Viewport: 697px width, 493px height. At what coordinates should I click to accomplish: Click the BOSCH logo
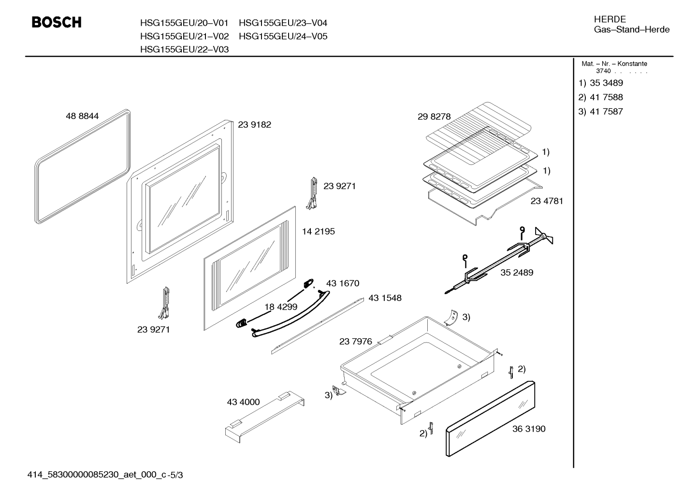coord(57,22)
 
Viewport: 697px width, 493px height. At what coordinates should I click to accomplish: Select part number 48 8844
coord(82,116)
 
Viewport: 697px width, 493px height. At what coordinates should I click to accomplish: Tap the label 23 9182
coord(255,124)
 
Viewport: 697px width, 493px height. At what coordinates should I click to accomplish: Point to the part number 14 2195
coord(319,231)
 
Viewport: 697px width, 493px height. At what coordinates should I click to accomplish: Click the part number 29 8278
coord(434,117)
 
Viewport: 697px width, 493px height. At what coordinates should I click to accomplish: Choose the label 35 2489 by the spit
coord(517,272)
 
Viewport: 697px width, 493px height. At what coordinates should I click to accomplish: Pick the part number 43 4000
coord(243,402)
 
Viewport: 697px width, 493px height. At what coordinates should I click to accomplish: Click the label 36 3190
coord(529,429)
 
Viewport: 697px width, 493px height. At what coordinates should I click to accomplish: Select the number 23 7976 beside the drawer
coord(356,342)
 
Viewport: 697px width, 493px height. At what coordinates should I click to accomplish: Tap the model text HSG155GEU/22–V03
coord(185,49)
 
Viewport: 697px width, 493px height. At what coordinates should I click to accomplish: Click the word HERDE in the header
coord(610,19)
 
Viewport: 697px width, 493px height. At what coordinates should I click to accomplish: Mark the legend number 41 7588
coord(607,97)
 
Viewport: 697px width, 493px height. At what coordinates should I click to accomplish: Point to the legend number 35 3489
coord(607,83)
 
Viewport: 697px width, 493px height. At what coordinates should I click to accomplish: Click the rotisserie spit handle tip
coord(446,292)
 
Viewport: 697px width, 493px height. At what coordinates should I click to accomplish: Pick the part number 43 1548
coord(385,298)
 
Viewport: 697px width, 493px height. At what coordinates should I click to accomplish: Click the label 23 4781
coord(547,201)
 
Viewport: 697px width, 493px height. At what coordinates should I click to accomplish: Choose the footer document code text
coord(105,475)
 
